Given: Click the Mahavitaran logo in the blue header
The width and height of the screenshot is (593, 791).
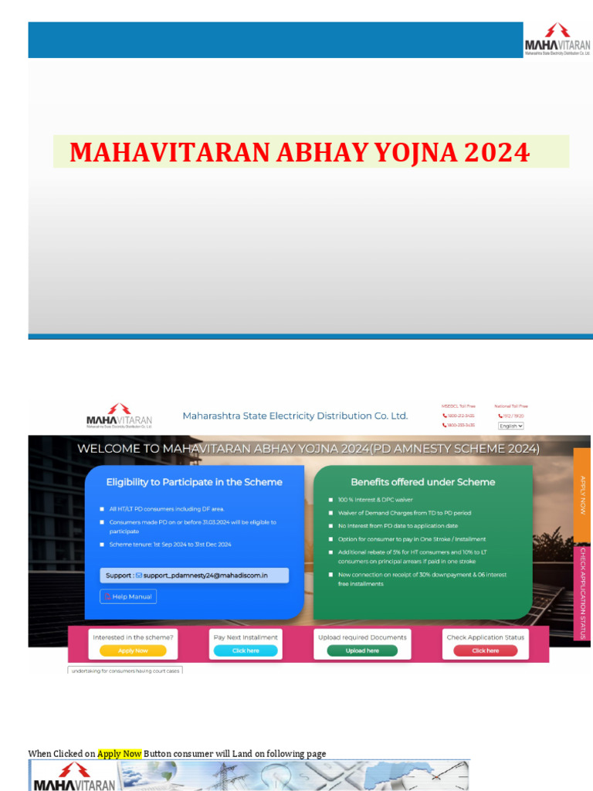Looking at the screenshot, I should [557, 39].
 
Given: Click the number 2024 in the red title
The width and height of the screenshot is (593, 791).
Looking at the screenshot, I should [497, 152].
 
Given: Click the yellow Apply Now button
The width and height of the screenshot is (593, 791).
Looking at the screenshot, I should [133, 650].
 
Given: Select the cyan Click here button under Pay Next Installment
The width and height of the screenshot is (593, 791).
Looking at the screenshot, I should [246, 650].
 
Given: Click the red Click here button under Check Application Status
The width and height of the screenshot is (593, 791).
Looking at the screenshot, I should [485, 650].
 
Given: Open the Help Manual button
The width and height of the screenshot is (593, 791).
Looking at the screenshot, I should [128, 596].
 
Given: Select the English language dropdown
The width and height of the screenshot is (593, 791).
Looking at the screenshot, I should [510, 426].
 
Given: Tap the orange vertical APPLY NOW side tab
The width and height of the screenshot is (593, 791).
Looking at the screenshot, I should [583, 494].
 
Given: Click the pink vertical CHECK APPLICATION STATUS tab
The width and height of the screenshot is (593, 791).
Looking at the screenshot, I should [583, 592].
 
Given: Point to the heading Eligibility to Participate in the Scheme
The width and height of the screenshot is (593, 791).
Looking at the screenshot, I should [194, 482].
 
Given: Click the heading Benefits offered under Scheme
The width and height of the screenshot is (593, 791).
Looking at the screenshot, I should [422, 482].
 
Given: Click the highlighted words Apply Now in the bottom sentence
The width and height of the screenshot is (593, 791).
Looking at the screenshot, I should [120, 753].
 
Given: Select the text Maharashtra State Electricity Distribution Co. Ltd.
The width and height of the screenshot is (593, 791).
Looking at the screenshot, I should [295, 416].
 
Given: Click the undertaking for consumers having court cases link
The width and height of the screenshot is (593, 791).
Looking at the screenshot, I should [125, 670].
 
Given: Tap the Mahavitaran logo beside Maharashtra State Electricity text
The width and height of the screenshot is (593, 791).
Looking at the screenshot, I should [119, 416].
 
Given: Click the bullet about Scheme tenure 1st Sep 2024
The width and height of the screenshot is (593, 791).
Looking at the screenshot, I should [170, 545].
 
